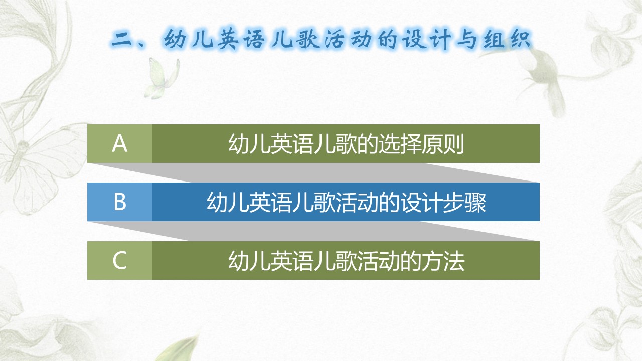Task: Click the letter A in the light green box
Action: point(119,143)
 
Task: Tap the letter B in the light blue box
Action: point(120,202)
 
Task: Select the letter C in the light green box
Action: point(119,260)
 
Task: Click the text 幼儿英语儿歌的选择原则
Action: point(346,144)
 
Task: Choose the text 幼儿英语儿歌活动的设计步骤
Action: point(346,202)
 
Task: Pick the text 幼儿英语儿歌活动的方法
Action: point(346,260)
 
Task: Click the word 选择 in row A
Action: point(400,144)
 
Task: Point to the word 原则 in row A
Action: point(443,144)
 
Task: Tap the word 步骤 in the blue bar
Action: point(464,202)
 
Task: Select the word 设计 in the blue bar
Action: point(421,202)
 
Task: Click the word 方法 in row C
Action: point(443,260)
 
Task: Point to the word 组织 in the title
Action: point(507,40)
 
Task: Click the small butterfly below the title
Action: point(162,78)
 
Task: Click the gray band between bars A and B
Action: point(312,172)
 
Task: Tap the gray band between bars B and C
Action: point(312,231)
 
